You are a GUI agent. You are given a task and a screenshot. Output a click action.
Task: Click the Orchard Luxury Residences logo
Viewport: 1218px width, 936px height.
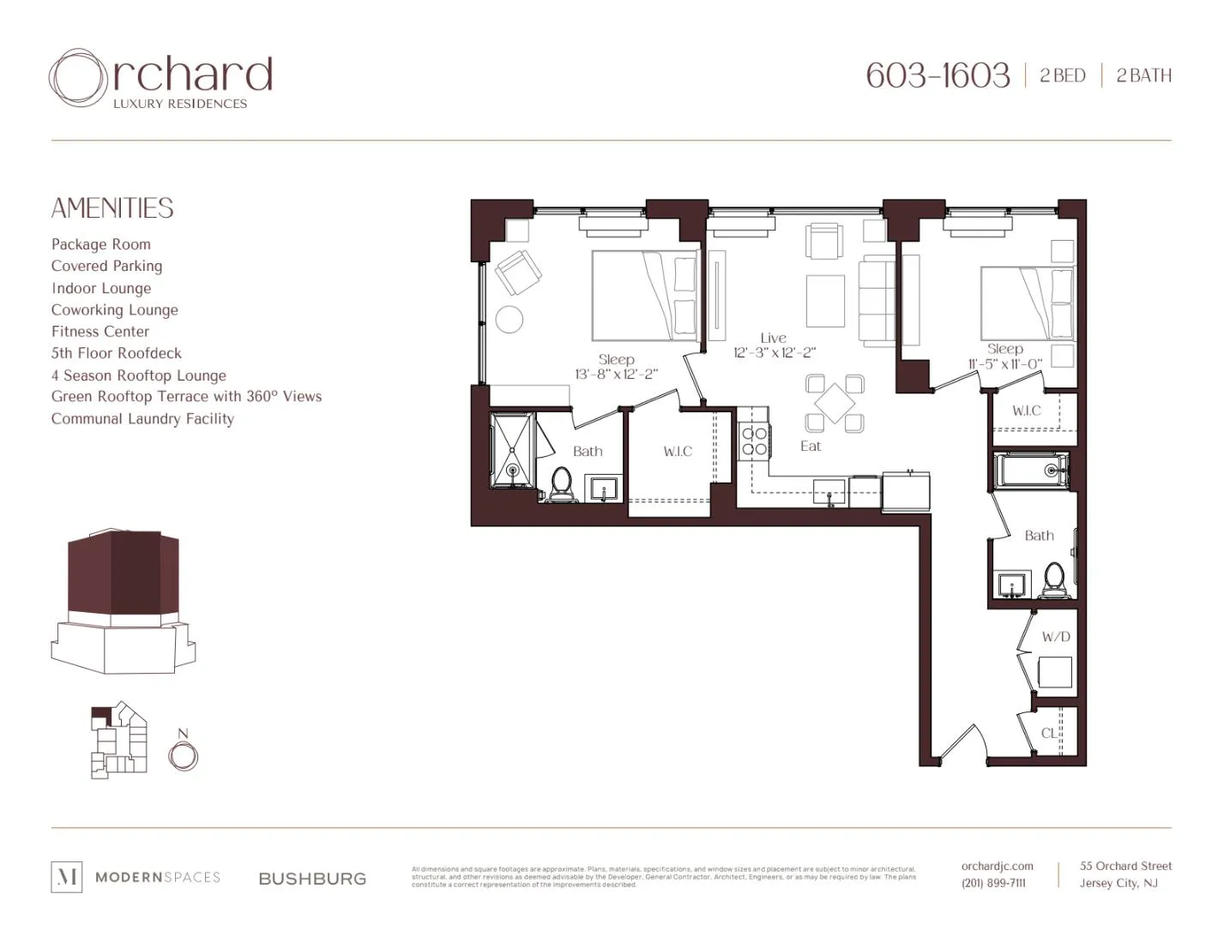coord(161,79)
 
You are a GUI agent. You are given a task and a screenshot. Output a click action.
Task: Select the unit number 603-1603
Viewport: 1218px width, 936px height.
coord(938,75)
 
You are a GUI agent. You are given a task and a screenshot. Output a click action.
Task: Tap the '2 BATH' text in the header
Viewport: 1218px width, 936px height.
coord(1143,75)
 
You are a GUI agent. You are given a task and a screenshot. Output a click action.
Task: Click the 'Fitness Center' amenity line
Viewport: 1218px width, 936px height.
coord(100,332)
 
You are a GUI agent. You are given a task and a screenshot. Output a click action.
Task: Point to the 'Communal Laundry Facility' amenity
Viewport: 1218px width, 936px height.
coord(142,419)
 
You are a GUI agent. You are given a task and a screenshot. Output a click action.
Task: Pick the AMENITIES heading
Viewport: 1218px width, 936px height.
coord(112,208)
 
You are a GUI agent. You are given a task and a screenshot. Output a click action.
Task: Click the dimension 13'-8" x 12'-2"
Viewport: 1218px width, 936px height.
coord(616,375)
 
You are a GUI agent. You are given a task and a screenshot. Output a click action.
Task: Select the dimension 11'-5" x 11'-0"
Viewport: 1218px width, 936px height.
coord(1004,364)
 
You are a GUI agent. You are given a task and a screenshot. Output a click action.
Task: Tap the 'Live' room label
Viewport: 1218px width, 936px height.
coord(773,338)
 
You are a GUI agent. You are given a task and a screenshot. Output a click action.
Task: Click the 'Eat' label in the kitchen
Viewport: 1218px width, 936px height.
coord(811,446)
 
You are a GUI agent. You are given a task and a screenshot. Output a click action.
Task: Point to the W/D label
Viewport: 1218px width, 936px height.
coord(1056,637)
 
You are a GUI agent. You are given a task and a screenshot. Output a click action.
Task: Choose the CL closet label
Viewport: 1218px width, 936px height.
coord(1049,733)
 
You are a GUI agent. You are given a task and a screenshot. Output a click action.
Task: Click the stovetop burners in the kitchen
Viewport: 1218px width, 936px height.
coord(754,441)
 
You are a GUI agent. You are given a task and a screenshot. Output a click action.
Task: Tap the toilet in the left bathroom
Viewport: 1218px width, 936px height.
coord(562,483)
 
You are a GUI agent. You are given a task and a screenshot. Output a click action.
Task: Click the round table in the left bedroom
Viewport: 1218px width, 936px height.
coord(510,319)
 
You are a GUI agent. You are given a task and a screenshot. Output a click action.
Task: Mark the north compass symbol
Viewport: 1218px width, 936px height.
coord(183,756)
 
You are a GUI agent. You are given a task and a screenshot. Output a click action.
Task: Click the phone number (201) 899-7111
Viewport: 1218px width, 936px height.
coord(993,883)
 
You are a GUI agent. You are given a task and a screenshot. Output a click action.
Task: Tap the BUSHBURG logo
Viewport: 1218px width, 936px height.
coord(312,879)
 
